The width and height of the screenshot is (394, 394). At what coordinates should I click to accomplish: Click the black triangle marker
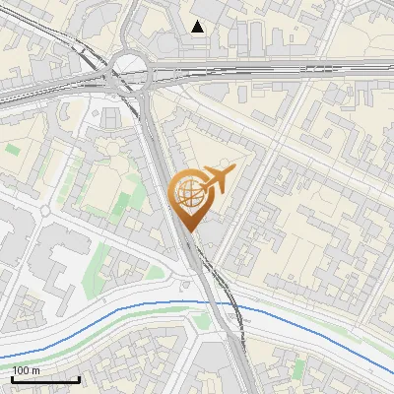pos(198,27)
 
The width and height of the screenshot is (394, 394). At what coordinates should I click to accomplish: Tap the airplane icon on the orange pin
pos(217,180)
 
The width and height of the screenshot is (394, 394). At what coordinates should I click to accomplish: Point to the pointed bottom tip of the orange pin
pos(187,232)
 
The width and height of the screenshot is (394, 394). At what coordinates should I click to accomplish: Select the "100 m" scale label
pos(27,370)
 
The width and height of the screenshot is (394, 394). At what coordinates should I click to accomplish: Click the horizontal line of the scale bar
pos(45,379)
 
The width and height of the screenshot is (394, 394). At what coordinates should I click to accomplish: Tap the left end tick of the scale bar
pos(13,377)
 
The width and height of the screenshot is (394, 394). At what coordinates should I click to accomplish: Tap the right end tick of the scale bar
pos(79,377)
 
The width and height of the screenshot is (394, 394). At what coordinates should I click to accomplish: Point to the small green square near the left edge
pos(12,150)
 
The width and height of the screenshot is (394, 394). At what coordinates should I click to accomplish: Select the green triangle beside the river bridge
pos(203,320)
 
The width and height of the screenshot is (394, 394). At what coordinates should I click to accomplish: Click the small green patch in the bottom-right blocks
pos(298,368)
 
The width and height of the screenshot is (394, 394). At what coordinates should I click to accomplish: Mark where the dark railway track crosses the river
pos(233,306)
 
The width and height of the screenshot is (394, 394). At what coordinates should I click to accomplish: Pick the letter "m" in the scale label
pos(37,370)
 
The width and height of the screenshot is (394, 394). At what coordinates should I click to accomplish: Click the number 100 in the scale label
pos(22,370)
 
